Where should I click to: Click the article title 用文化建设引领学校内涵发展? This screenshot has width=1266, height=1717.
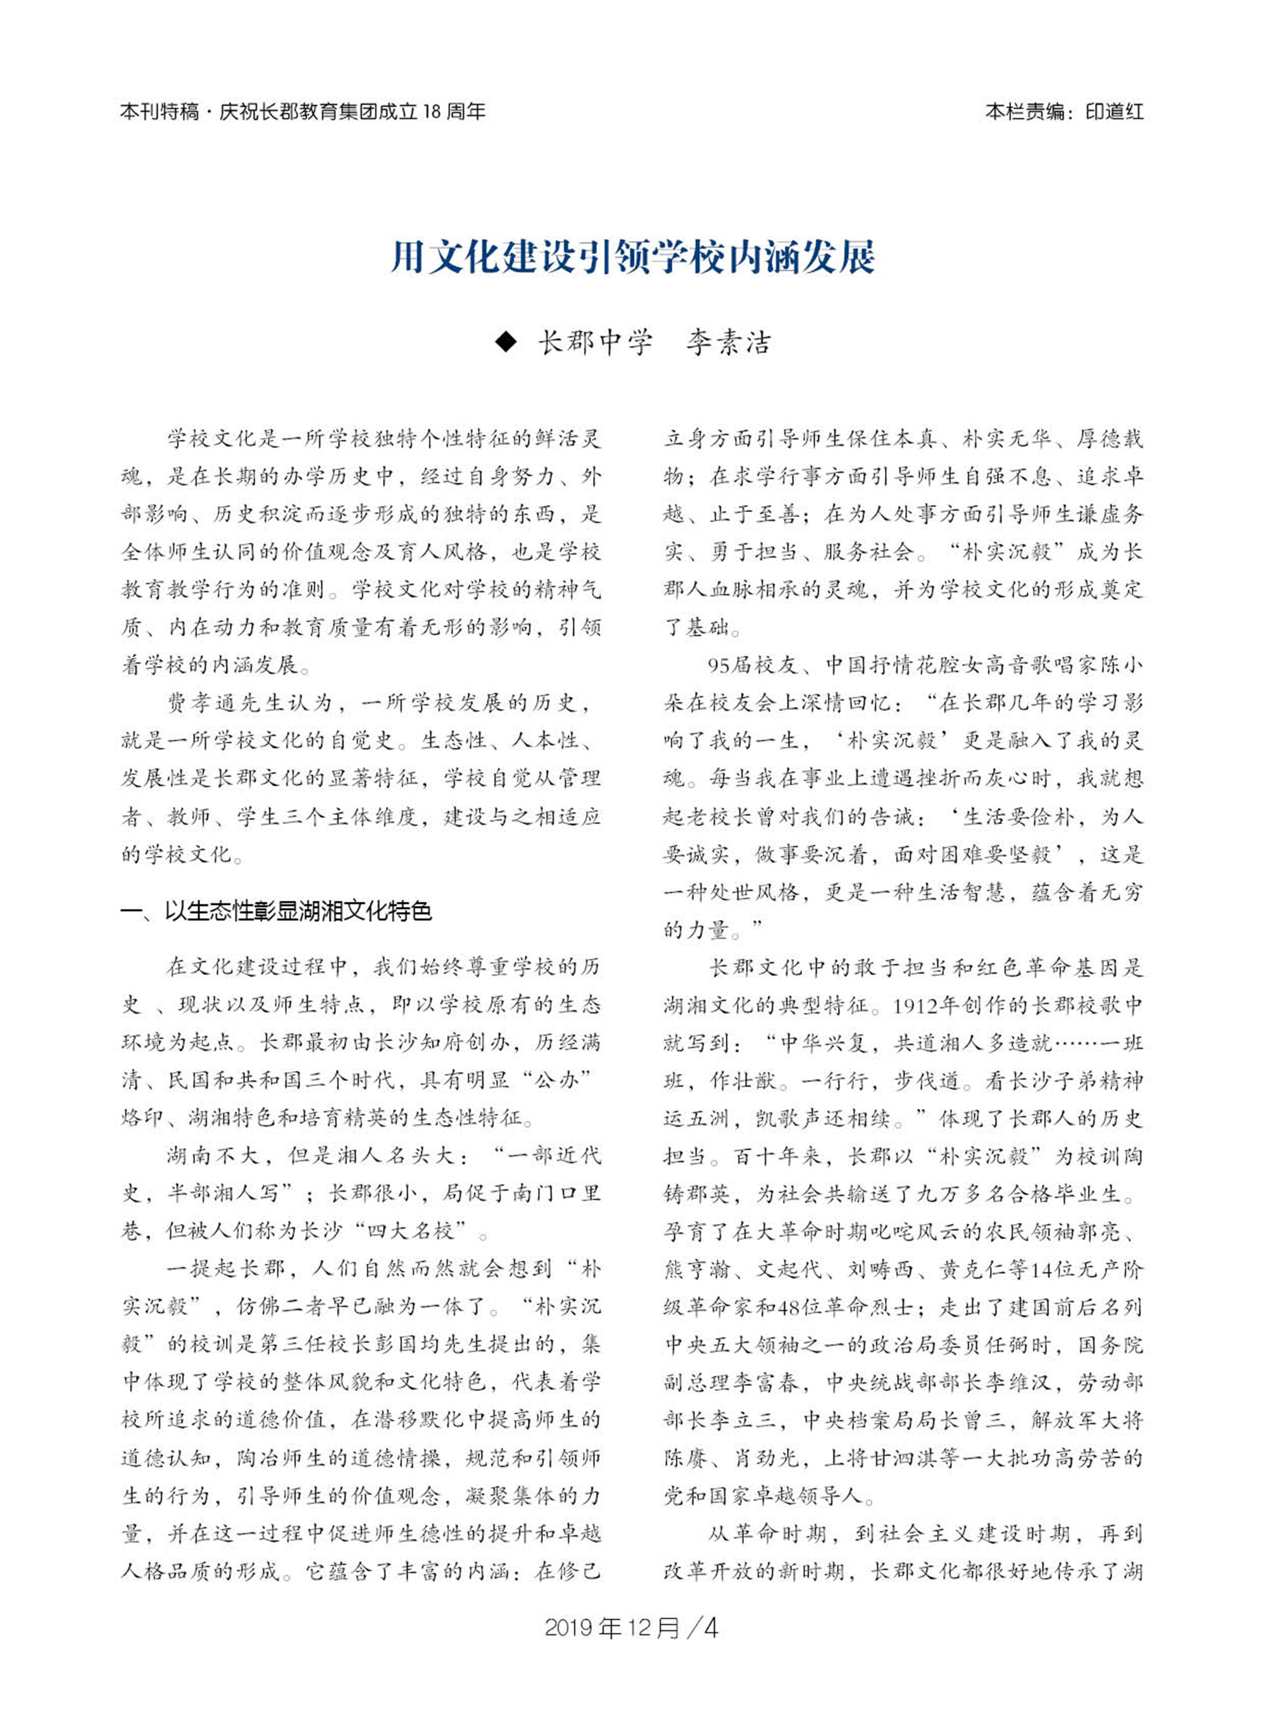pos(632,258)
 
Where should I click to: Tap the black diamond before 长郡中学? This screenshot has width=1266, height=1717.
pos(506,342)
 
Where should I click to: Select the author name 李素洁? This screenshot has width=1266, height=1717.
pos(728,342)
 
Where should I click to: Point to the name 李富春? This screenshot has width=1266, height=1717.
pos(776,1382)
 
